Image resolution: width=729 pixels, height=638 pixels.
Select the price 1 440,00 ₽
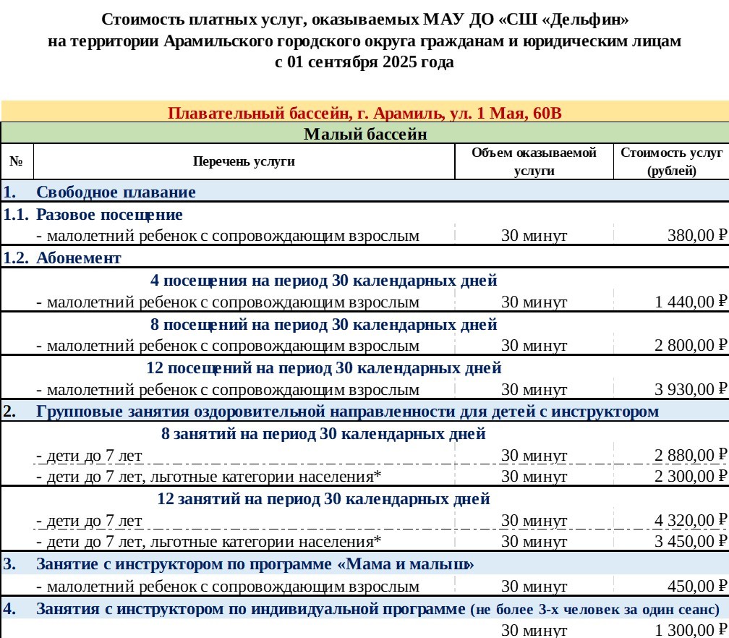click(691, 302)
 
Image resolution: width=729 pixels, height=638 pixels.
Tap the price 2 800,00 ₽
click(691, 346)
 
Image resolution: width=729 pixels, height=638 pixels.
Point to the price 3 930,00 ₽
click(691, 390)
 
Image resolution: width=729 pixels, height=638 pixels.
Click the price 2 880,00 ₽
click(691, 456)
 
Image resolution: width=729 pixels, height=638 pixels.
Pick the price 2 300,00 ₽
click(691, 477)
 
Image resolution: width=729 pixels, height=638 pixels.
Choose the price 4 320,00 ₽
click(691, 521)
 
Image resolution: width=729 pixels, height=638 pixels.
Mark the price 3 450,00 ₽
click(691, 542)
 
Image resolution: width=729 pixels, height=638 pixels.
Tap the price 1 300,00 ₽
click(691, 630)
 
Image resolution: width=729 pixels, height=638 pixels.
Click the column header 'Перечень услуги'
click(244, 161)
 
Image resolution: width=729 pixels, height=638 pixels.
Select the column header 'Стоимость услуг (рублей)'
click(671, 161)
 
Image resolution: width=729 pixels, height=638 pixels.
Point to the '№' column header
click(17, 161)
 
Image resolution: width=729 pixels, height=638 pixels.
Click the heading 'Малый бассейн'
click(365, 134)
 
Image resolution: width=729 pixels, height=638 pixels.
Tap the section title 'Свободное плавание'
click(116, 192)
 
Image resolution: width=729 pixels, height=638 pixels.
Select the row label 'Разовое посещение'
click(109, 215)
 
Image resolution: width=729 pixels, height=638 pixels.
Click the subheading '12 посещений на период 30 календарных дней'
click(324, 368)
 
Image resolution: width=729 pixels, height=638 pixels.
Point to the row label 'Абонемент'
click(79, 258)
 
